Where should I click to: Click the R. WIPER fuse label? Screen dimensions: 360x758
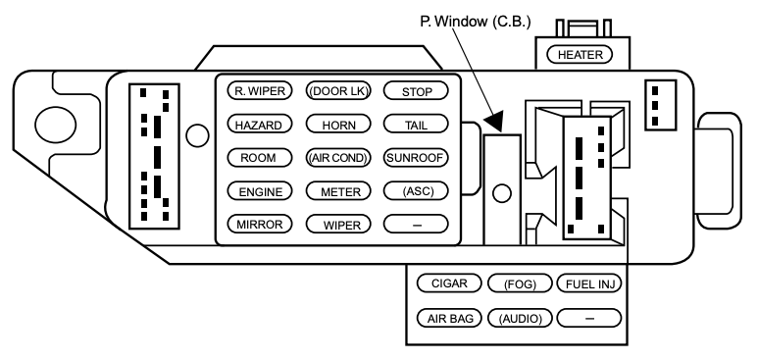click(258, 91)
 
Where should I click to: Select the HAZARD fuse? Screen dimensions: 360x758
click(258, 125)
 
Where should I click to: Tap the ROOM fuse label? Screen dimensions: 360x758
click(258, 158)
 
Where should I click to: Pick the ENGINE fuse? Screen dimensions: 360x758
click(258, 191)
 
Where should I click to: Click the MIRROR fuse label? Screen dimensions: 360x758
click(258, 225)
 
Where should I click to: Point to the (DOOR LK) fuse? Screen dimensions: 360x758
click(335, 91)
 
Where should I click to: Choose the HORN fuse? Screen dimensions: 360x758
click(335, 125)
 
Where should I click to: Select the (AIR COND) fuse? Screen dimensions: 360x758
click(335, 158)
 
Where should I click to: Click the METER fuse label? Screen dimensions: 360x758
click(335, 191)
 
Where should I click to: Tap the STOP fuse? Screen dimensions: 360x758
click(415, 91)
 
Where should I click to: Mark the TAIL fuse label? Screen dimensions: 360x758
click(415, 125)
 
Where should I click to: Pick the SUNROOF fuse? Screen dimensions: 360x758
click(415, 158)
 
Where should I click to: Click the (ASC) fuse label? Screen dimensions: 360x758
click(415, 191)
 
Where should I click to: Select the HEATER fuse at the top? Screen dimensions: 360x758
click(580, 54)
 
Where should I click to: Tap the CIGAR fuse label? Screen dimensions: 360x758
click(449, 284)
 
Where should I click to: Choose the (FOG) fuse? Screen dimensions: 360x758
click(520, 284)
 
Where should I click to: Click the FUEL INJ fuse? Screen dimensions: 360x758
click(590, 284)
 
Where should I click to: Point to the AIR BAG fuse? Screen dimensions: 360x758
click(449, 318)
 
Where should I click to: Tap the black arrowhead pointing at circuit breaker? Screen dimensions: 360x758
click(500, 120)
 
